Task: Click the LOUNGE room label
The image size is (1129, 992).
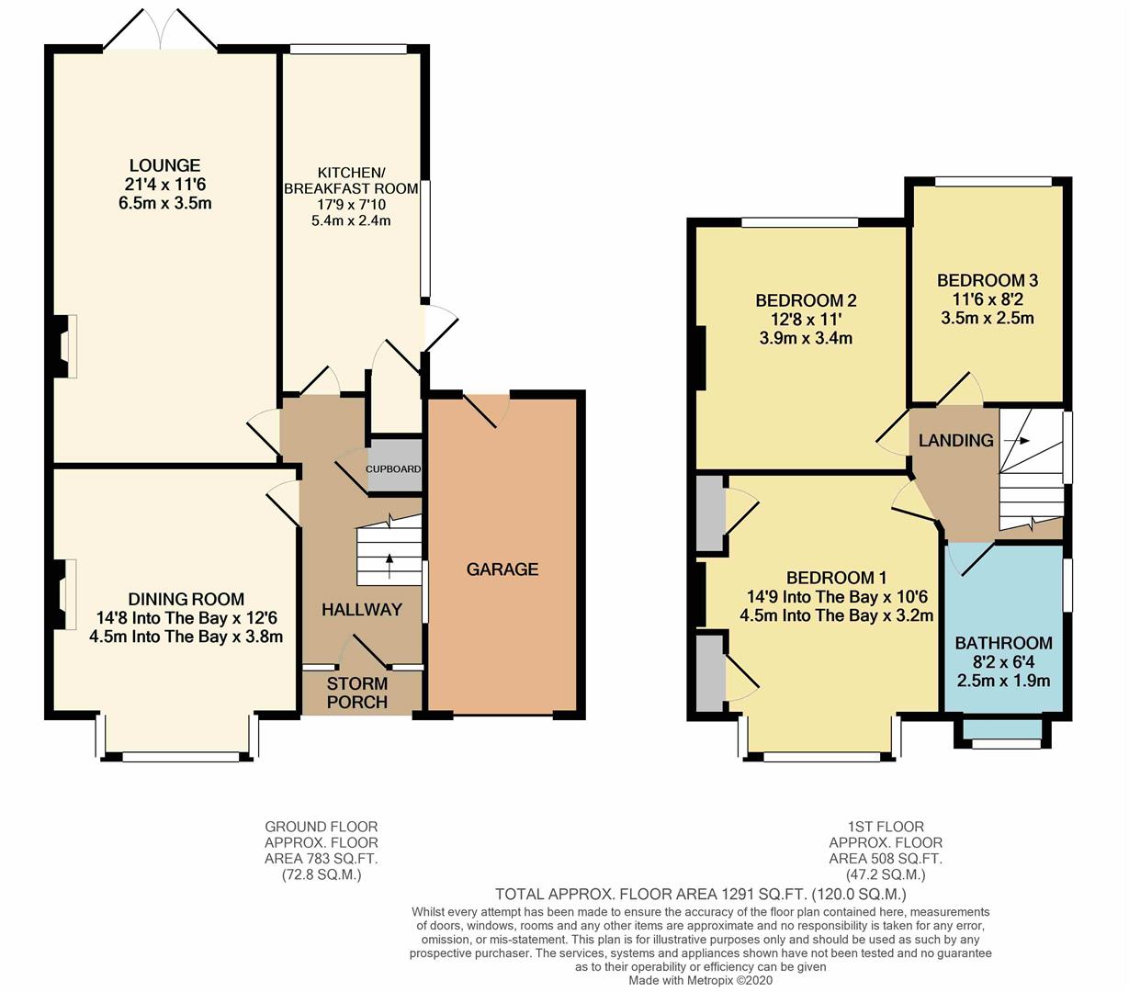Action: coord(165,165)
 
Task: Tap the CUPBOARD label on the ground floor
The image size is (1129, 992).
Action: coord(393,469)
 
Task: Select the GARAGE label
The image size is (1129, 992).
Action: coord(502,569)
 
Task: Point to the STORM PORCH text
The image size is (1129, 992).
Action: coord(356,693)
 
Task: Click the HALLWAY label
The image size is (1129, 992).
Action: coord(362,610)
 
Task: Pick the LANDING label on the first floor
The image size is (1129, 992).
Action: coord(955,441)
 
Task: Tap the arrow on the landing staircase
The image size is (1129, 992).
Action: coord(1016,441)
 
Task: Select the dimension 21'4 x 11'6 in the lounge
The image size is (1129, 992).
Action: coord(165,185)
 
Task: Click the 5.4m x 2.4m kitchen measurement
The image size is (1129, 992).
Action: coord(351,220)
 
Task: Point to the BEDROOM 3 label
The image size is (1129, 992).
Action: coord(988,280)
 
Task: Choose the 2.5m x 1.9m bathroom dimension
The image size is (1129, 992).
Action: coord(1004,681)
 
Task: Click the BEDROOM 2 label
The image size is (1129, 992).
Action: coord(806,301)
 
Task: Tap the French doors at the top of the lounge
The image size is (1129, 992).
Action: coord(161,29)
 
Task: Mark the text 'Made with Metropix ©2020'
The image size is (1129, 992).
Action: coord(701,980)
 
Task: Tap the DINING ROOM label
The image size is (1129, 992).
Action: coord(186,599)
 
